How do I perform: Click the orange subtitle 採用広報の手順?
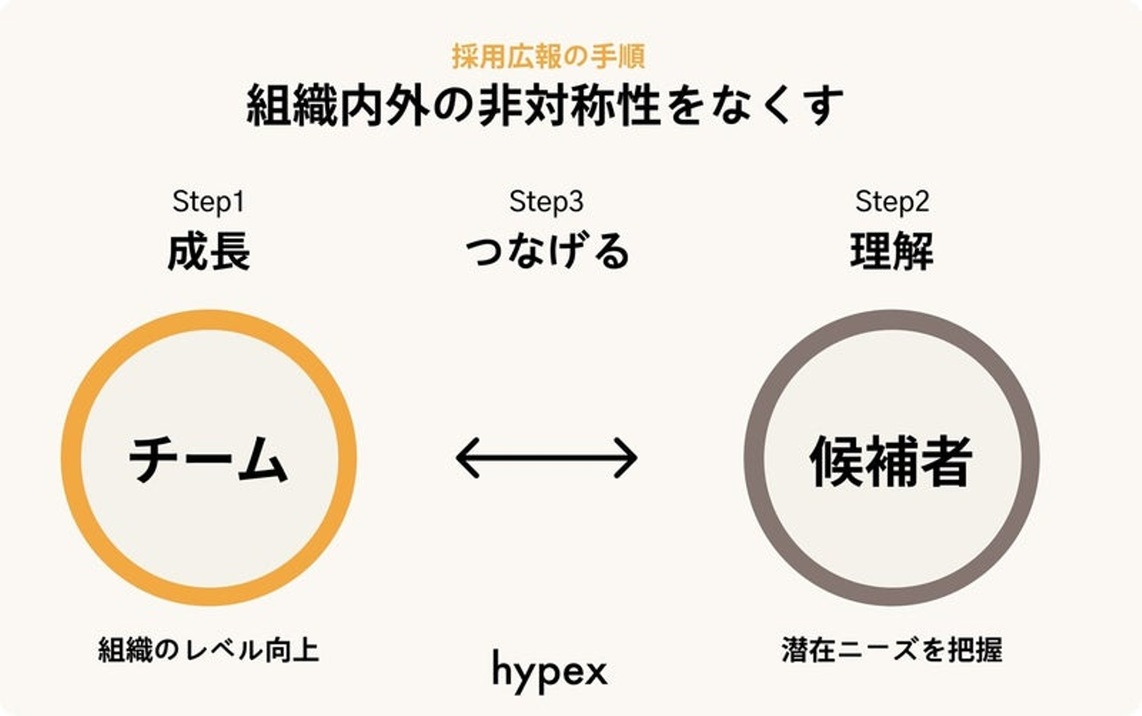pyautogui.click(x=548, y=56)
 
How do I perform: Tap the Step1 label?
pyautogui.click(x=208, y=202)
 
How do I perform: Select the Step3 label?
pyautogui.click(x=546, y=202)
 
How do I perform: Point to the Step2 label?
pyautogui.click(x=891, y=202)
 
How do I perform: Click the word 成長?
pyautogui.click(x=209, y=252)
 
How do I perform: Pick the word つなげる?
pyautogui.click(x=546, y=252)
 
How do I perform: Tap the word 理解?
pyautogui.click(x=891, y=252)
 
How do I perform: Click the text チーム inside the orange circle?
pyautogui.click(x=209, y=460)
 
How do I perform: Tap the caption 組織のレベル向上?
pyautogui.click(x=209, y=650)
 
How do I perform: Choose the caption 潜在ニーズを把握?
pyautogui.click(x=891, y=650)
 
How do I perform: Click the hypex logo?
pyautogui.click(x=549, y=671)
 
